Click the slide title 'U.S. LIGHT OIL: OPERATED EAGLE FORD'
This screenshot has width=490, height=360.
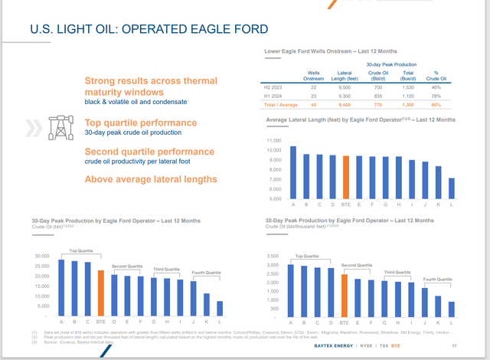click(x=149, y=30)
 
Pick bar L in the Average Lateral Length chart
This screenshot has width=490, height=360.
click(x=451, y=188)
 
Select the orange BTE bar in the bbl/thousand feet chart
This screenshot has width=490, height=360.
click(x=344, y=295)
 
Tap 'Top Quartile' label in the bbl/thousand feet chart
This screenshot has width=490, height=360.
click(x=306, y=257)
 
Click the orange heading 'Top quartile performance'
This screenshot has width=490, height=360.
click(x=140, y=123)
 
